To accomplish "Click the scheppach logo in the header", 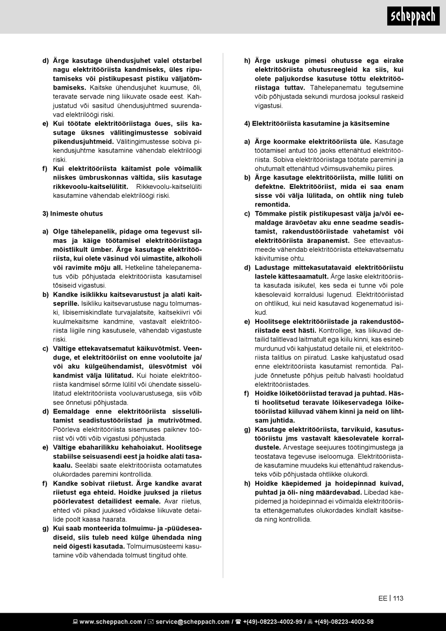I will click(414, 17).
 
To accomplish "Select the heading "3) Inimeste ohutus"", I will click(73, 213).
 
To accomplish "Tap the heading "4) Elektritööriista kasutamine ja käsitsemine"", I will click(317, 124).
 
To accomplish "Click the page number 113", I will click(398, 598).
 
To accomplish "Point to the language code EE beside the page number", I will click(383, 598).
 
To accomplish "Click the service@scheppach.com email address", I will click(192, 622).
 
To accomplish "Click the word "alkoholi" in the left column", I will click(189, 258).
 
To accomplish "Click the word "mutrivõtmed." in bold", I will click(181, 421).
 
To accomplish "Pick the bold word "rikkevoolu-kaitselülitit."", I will click(91, 187).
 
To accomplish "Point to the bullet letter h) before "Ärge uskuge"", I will click(247, 61).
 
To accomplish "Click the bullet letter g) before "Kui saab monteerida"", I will click(46, 528).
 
